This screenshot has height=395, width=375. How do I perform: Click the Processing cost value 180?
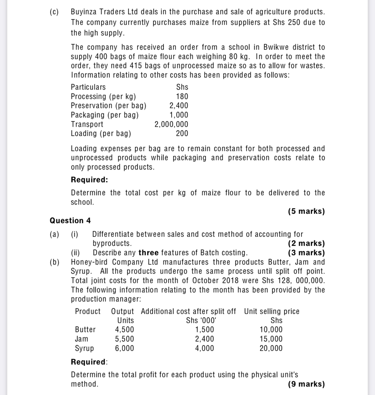[182, 97]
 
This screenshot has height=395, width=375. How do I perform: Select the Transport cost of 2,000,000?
[171, 124]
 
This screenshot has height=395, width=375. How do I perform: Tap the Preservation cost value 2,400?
[178, 106]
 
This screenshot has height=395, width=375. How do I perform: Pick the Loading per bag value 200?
[182, 133]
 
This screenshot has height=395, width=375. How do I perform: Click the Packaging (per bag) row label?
[105, 115]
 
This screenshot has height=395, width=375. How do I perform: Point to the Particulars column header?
[88, 87]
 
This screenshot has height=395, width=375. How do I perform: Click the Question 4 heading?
[70, 221]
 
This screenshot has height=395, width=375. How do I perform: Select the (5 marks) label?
[306, 211]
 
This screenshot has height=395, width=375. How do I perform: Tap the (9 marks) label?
[306, 384]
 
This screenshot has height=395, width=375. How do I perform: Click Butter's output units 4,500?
[124, 330]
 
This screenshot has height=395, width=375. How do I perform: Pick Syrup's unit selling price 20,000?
[271, 348]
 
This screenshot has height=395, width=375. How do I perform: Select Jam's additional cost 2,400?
[204, 339]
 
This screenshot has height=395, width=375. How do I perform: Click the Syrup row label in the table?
[84, 348]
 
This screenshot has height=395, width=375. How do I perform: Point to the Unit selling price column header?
[272, 311]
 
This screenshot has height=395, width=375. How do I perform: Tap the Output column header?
[122, 311]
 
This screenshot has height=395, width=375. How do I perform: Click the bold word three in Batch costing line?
[149, 253]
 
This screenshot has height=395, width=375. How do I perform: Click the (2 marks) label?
[306, 243]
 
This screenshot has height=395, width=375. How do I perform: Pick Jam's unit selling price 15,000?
[271, 339]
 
